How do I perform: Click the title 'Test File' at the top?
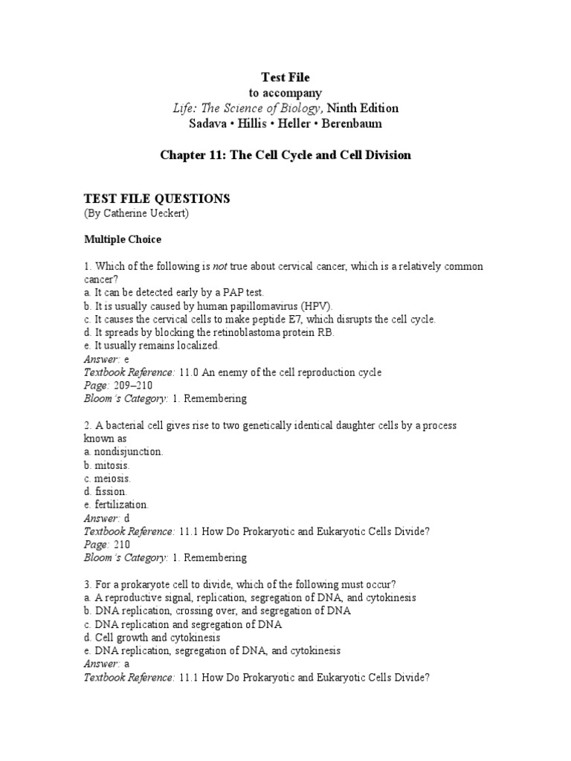(x=285, y=77)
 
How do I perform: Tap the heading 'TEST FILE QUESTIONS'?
(x=157, y=198)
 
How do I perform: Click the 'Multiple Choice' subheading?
(x=122, y=239)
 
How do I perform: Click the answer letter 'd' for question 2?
(x=126, y=518)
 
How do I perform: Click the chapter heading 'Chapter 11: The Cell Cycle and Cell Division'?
(x=285, y=155)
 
